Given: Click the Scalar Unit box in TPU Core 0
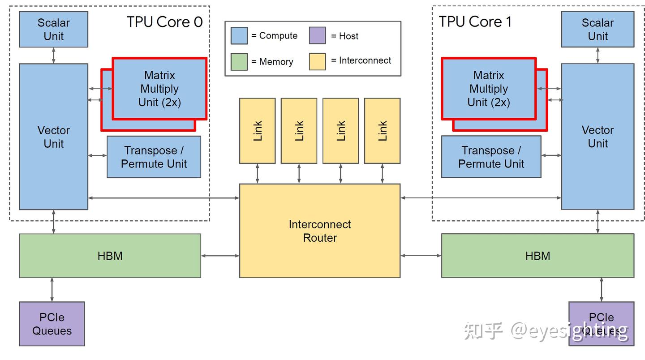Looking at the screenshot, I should pyautogui.click(x=53, y=29).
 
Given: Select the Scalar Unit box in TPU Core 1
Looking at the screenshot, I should pyautogui.click(x=598, y=29).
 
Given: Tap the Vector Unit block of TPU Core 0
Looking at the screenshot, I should pyautogui.click(x=53, y=137).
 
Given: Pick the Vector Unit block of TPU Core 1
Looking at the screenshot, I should pyautogui.click(x=598, y=137).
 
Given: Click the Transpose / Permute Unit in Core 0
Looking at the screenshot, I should pyautogui.click(x=154, y=157).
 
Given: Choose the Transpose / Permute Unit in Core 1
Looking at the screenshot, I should pyautogui.click(x=491, y=157).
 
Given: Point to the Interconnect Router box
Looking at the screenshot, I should pyautogui.click(x=319, y=231).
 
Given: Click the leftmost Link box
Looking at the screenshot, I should pyautogui.click(x=257, y=131).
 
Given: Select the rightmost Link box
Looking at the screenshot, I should pyautogui.click(x=382, y=131).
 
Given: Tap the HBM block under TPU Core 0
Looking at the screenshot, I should pyautogui.click(x=110, y=256).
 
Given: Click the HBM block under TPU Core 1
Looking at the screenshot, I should pyautogui.click(x=537, y=256).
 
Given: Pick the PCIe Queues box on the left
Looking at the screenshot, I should pyautogui.click(x=52, y=324).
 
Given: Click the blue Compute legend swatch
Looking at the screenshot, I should pyautogui.click(x=239, y=36).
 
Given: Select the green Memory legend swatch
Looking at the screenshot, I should pyautogui.click(x=239, y=62).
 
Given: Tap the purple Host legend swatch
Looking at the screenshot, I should pyautogui.click(x=317, y=36).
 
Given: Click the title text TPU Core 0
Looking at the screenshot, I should pyautogui.click(x=164, y=22).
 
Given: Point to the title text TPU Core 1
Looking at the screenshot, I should pyautogui.click(x=475, y=21).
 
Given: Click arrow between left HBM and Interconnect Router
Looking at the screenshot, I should pyautogui.click(x=220, y=256).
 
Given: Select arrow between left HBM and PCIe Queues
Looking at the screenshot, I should pyautogui.click(x=52, y=289).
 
